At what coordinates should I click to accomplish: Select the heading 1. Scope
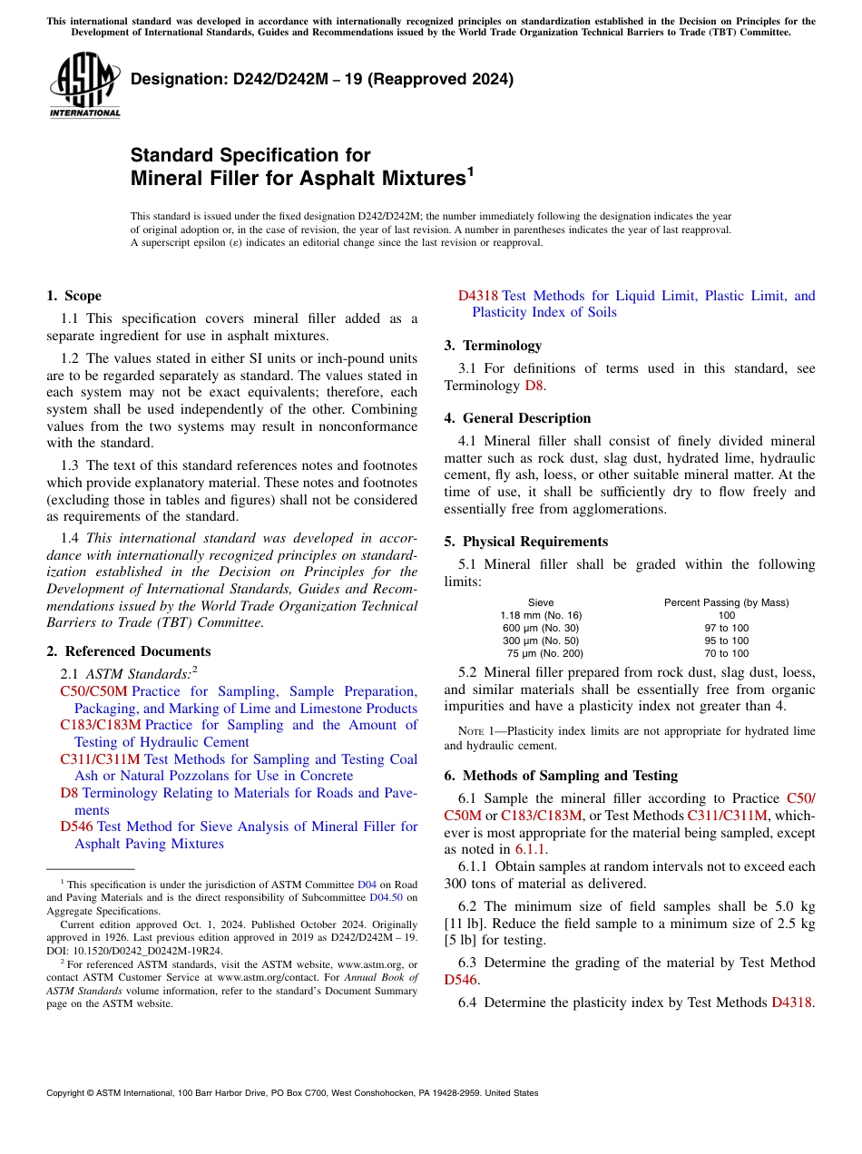[x=73, y=296]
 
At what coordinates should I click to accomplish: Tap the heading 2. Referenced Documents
[x=128, y=651]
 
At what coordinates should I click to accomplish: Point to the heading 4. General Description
[x=517, y=418]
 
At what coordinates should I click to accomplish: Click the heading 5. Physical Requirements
[x=525, y=542]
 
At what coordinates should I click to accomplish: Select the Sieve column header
[x=541, y=602]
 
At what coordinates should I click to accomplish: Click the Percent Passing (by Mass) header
[x=726, y=602]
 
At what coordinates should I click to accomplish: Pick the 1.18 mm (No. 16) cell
[x=541, y=615]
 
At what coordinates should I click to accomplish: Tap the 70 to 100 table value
[x=726, y=653]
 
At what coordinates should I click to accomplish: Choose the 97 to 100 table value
[x=726, y=628]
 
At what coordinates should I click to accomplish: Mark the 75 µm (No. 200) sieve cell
[x=544, y=653]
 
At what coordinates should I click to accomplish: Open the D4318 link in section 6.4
[x=790, y=1002]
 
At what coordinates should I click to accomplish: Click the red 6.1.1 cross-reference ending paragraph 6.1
[x=531, y=850]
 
